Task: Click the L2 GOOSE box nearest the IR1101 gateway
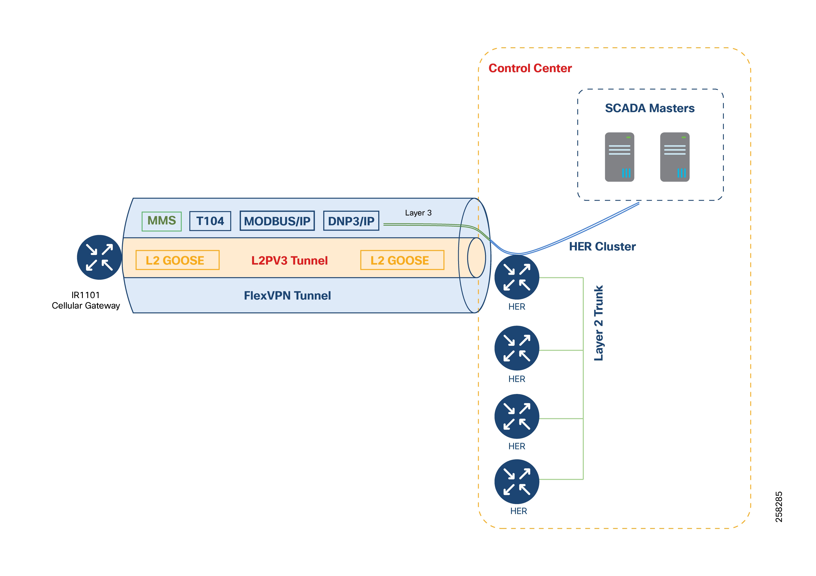177,260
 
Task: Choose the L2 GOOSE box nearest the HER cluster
402,260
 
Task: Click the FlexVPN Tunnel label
287,296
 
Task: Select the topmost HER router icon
517,277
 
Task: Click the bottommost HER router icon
517,482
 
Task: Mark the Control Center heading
530,68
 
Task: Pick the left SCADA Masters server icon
620,157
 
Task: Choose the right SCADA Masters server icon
675,157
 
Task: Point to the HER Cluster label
602,247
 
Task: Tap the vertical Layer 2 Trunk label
599,323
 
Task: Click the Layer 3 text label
418,213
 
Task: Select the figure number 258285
778,507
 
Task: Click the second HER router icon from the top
517,348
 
